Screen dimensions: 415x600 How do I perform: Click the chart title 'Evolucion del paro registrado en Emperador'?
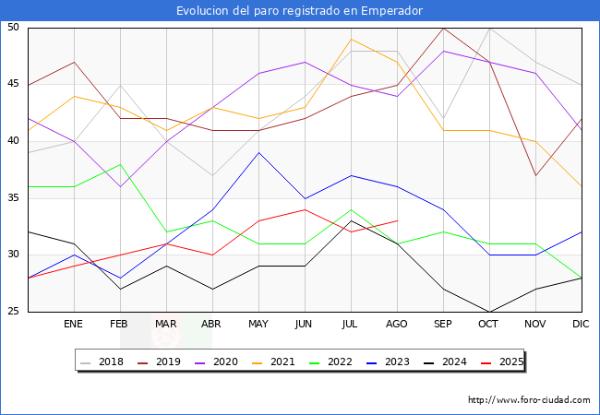tap(300, 11)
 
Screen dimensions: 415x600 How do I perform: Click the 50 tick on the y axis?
tap(14, 28)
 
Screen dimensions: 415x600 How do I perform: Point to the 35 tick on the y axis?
tap(14, 198)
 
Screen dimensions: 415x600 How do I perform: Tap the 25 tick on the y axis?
tap(14, 312)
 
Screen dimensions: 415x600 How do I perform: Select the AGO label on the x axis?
tap(397, 325)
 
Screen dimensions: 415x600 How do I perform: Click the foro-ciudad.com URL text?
tap(529, 400)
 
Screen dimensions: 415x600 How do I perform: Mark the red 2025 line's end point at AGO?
tap(397, 220)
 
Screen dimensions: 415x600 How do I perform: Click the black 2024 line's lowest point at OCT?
tap(489, 312)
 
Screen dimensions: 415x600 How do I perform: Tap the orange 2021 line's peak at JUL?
tap(351, 39)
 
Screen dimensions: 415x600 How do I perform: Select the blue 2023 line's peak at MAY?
tap(258, 152)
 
